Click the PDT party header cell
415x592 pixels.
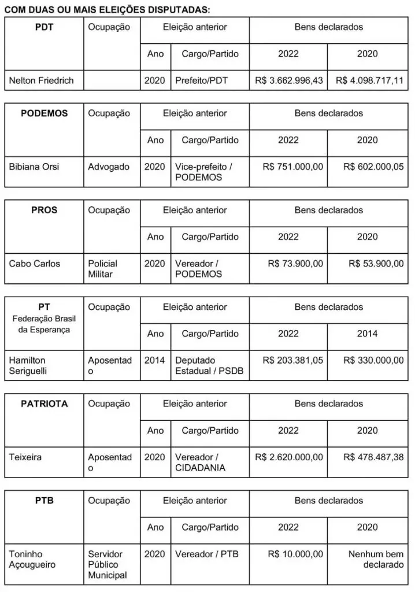(x=44, y=27)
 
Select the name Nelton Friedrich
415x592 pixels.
(x=42, y=80)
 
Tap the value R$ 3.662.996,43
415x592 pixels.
(x=289, y=80)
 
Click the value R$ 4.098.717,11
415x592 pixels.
(x=369, y=80)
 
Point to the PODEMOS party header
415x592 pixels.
(x=44, y=113)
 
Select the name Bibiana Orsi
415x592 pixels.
(x=34, y=166)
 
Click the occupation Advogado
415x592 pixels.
(x=109, y=166)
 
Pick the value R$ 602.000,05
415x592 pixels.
(x=373, y=166)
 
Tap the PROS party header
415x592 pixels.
(x=44, y=210)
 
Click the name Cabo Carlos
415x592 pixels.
(x=35, y=264)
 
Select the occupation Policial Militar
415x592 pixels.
(x=102, y=269)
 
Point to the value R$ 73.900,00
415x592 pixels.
(x=295, y=264)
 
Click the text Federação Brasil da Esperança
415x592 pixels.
(x=44, y=324)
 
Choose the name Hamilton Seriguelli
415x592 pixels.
(x=30, y=365)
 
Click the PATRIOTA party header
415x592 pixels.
(x=44, y=404)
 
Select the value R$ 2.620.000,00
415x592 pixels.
(x=289, y=457)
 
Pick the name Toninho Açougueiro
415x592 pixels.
(x=32, y=559)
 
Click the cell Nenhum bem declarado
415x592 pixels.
(x=376, y=559)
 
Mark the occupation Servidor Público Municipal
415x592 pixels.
(x=106, y=564)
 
